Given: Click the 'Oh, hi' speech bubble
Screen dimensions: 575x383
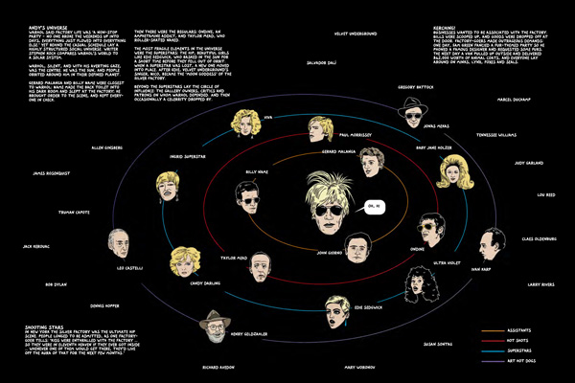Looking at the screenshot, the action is coord(375,206).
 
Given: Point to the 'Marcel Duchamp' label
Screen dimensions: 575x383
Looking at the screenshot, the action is coord(515,97).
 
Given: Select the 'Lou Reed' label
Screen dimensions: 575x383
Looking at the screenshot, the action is coord(545,192).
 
